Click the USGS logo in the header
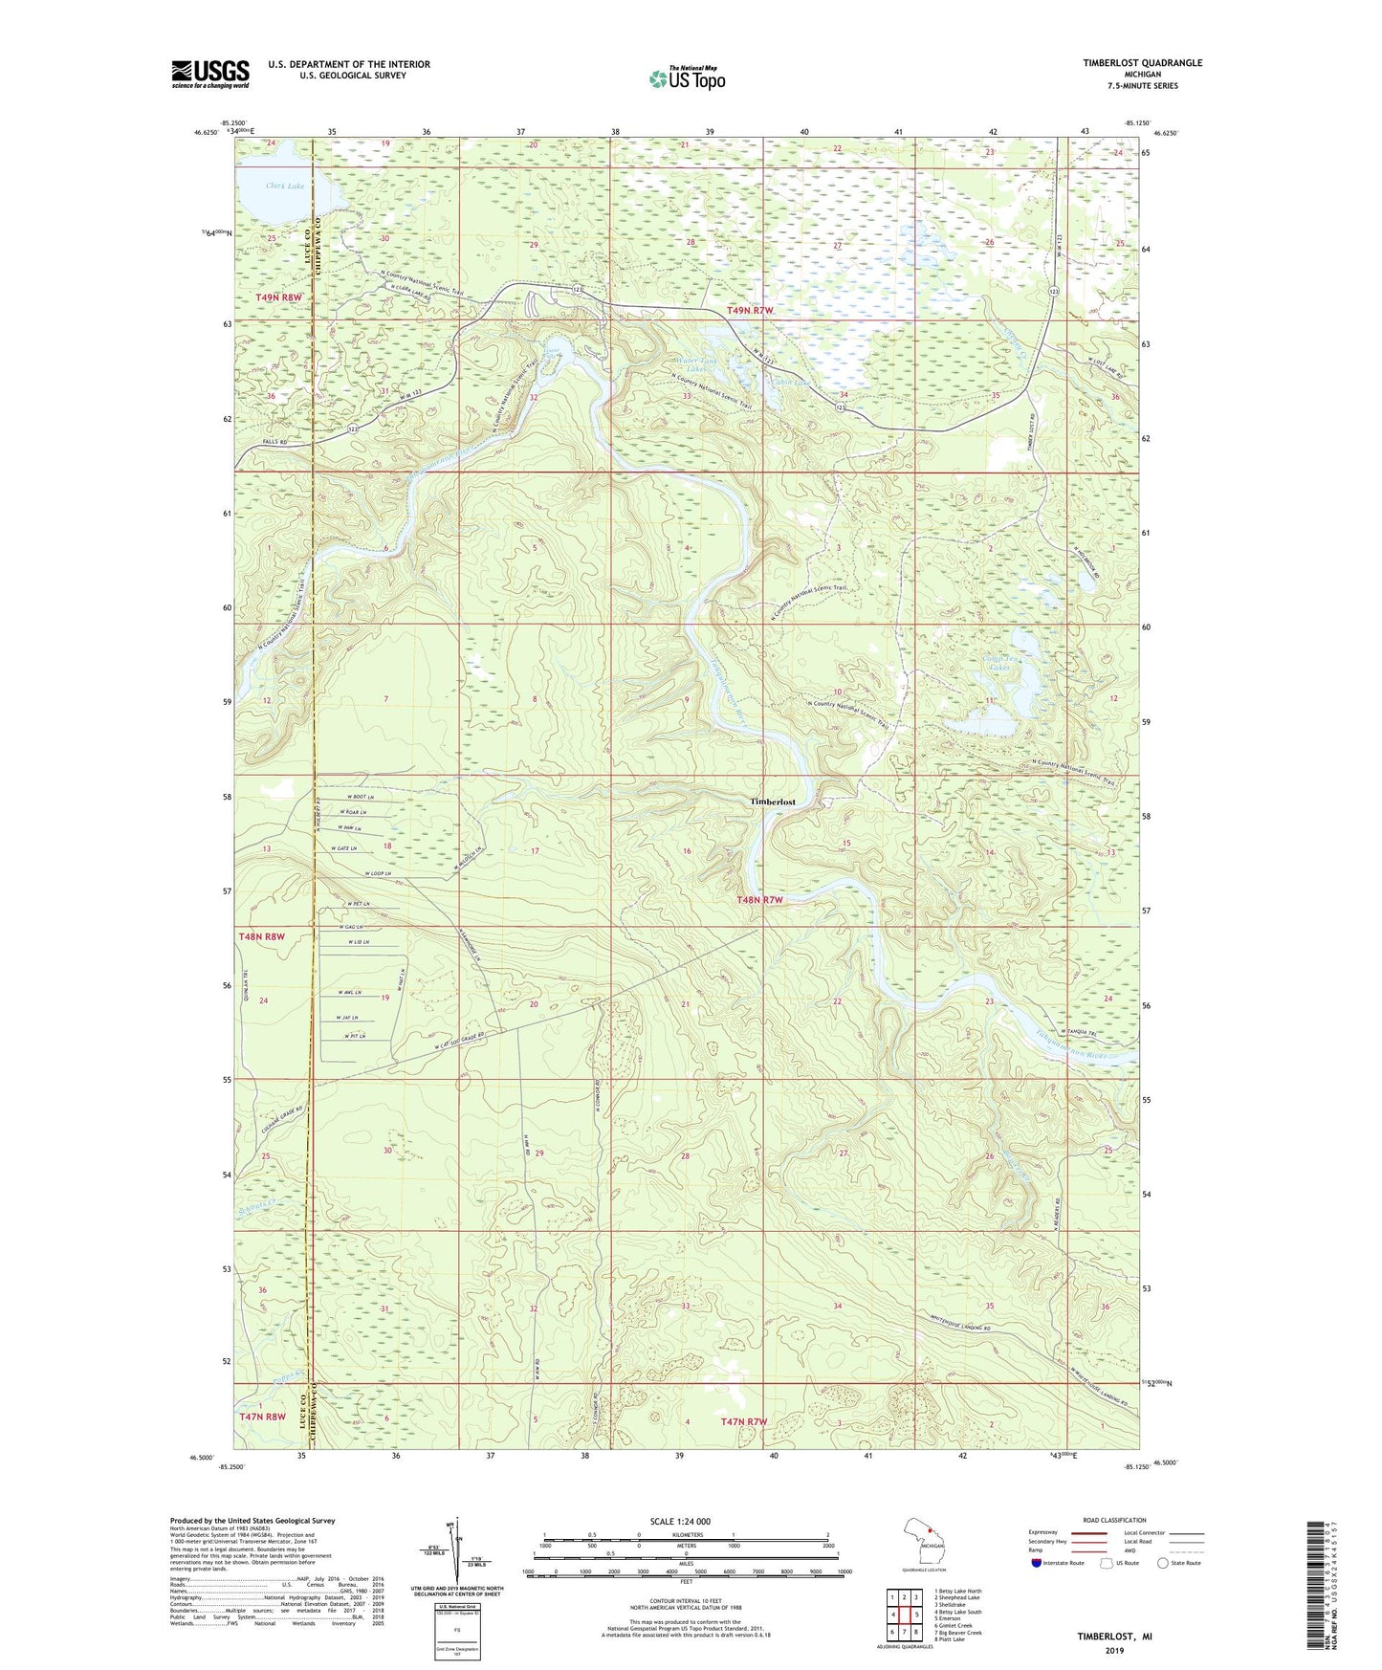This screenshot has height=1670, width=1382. coord(209,74)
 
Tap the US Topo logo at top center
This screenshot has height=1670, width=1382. coord(687,78)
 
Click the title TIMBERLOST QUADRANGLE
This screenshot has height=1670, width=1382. coord(1142,63)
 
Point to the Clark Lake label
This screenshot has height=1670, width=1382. coord(285,186)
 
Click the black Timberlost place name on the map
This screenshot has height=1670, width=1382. coord(772,802)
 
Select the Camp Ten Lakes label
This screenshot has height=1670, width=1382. coord(1002,664)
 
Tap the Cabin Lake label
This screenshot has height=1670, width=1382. coord(790,383)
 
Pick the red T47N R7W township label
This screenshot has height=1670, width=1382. coord(743,1422)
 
